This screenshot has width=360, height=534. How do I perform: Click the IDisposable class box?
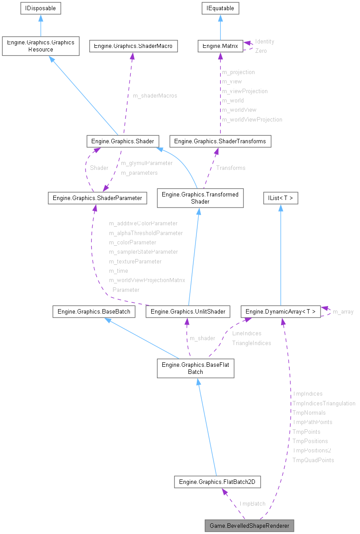pos(40,8)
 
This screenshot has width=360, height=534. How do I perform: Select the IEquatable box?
pos(220,8)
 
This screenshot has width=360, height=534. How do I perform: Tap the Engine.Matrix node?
pos(220,46)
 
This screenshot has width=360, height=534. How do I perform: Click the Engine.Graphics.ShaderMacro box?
pos(133,46)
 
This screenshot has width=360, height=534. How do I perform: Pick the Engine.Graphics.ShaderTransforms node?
pos(220,141)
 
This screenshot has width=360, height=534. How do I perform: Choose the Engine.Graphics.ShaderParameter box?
pos(97,198)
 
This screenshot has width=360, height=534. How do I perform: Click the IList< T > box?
pos(280,198)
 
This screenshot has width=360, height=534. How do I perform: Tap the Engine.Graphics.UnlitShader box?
pos(188,311)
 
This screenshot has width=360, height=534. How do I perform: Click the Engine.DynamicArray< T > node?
pos(280,311)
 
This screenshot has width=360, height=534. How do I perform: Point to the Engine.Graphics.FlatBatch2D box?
pos(217,481)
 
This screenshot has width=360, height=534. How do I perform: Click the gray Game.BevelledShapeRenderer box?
pos(249,526)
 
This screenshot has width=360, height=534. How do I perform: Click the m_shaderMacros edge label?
pos(155,96)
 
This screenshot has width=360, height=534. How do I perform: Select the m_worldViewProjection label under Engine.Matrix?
pos(252,119)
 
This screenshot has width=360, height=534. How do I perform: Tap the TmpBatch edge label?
pos(252,503)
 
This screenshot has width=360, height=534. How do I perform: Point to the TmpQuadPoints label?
pos(313,460)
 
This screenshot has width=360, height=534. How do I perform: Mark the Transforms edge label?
pos(231,168)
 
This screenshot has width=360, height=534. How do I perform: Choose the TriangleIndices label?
pos(251,343)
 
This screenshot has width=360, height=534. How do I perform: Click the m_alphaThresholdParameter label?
pos(146,233)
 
